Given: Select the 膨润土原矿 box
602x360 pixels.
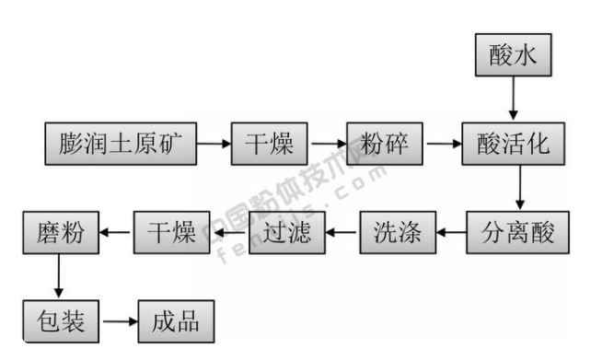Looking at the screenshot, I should coord(120,144).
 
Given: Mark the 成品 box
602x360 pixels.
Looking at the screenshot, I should coord(175,320).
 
